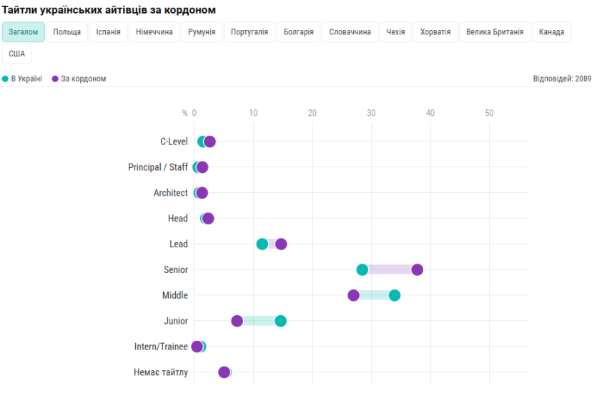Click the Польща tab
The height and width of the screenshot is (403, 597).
[67, 32]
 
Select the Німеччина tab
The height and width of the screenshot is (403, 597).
[154, 32]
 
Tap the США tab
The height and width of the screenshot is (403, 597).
[16, 54]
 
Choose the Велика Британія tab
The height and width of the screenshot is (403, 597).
[495, 32]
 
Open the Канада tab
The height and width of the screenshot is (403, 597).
[551, 32]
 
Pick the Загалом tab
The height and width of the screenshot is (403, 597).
[24, 32]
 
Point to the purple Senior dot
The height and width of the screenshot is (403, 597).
[418, 269]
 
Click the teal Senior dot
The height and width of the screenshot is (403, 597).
[362, 269]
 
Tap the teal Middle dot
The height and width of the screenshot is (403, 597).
[395, 295]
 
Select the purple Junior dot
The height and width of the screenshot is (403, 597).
[237, 321]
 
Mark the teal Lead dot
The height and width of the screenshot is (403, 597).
[262, 244]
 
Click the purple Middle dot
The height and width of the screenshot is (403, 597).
[354, 295]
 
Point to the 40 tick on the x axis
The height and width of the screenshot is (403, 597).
[430, 113]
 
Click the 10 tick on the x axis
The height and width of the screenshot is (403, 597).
[253, 113]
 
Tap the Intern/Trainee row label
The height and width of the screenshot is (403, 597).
[161, 347]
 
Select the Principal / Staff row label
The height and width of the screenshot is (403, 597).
[158, 167]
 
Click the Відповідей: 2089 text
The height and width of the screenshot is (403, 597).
[562, 79]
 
